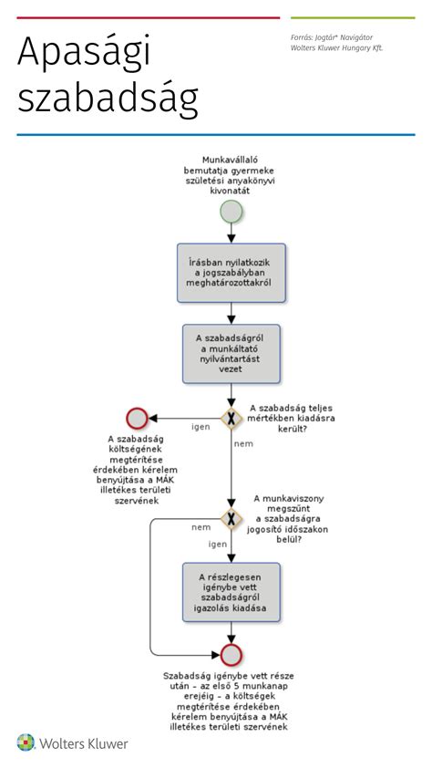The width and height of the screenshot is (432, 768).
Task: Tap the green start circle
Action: click(231, 212)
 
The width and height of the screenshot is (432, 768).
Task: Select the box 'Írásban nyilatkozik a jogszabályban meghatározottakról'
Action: click(231, 273)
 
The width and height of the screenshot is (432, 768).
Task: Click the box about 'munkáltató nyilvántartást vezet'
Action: click(231, 353)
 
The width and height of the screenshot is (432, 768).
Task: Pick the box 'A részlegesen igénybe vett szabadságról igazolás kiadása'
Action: click(231, 592)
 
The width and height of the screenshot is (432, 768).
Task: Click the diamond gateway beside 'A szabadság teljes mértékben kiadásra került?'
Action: click(231, 419)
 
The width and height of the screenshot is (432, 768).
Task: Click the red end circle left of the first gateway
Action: click(137, 419)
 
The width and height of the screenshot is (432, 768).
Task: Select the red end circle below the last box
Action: click(231, 655)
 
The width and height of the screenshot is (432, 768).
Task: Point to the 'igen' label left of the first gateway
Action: click(201, 427)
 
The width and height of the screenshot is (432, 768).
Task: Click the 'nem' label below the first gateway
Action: click(243, 444)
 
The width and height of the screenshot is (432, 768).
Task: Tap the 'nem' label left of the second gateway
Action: click(201, 527)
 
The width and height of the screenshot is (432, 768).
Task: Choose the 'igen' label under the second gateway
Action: click(218, 545)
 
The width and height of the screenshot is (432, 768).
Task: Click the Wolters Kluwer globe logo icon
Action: click(26, 742)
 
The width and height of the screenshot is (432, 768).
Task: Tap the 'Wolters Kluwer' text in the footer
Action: click(84, 743)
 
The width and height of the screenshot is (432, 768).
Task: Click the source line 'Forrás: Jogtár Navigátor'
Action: click(331, 37)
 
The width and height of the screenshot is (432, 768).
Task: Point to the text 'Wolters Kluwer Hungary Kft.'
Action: click(336, 48)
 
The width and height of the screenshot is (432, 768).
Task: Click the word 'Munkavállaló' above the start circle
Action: click(230, 161)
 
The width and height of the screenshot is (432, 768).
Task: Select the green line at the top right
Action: click(353, 18)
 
